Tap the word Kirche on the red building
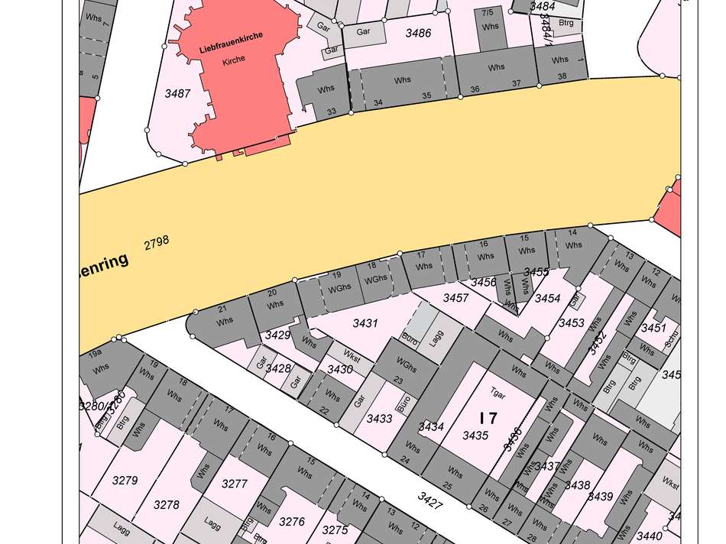click(x=234, y=60)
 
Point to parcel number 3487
click(x=177, y=93)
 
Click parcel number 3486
click(x=418, y=33)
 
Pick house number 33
click(x=332, y=112)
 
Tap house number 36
click(x=475, y=89)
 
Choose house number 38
click(x=562, y=76)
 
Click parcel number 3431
click(x=365, y=323)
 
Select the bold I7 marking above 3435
click(x=488, y=418)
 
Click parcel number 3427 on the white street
click(x=430, y=498)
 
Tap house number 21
click(x=223, y=309)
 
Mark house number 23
click(x=397, y=380)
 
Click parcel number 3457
click(x=456, y=298)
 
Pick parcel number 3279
click(x=125, y=480)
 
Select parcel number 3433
click(x=379, y=418)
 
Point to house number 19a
click(x=95, y=355)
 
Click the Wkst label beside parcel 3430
click(x=352, y=356)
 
